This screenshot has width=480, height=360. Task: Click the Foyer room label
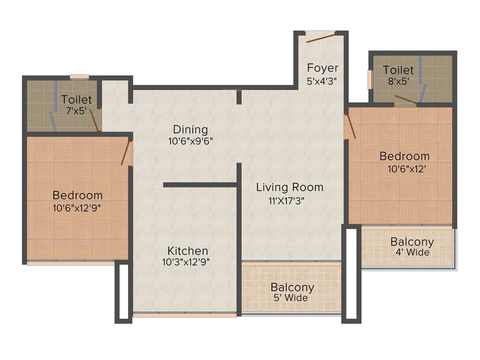click(322, 68)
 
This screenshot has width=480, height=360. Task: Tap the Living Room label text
click(290, 187)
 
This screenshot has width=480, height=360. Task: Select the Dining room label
click(190, 130)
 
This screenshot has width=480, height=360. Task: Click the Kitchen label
click(187, 251)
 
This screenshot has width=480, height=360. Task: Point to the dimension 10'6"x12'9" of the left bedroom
click(77, 208)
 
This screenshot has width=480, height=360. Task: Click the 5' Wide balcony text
click(291, 298)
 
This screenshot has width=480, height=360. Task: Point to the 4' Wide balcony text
click(412, 253)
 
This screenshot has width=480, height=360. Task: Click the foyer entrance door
click(321, 37)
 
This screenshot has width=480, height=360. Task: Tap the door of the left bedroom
click(126, 153)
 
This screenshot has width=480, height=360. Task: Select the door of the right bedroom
click(350, 127)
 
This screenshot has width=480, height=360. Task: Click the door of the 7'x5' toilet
click(95, 120)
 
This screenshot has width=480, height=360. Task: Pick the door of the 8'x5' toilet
click(405, 99)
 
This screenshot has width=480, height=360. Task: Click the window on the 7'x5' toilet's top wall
click(79, 77)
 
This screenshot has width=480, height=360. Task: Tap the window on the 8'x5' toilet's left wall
click(370, 79)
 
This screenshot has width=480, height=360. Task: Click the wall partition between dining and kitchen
click(200, 185)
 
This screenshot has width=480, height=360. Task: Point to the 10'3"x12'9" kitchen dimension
click(186, 262)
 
